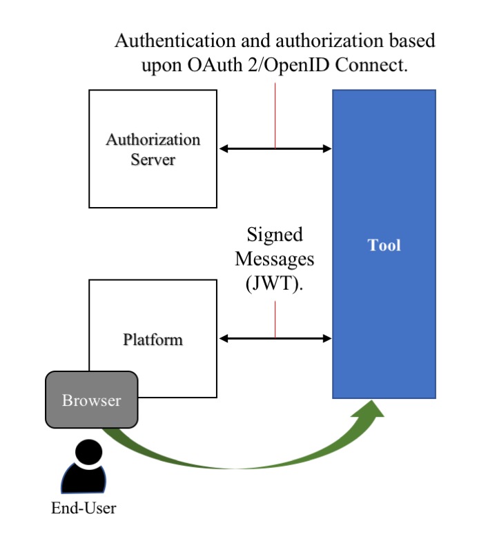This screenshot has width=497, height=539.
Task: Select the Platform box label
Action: [x=153, y=340]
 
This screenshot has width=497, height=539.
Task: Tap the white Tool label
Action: [x=384, y=245]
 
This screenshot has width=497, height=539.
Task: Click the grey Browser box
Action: [x=91, y=400]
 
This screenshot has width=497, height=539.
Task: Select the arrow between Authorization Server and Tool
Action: [x=275, y=148]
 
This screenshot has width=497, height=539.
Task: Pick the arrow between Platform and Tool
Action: [x=275, y=338]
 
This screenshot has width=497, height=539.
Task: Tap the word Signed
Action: [x=274, y=235]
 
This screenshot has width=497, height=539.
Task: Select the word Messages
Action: [x=274, y=259]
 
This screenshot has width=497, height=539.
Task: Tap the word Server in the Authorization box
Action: [x=153, y=160]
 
